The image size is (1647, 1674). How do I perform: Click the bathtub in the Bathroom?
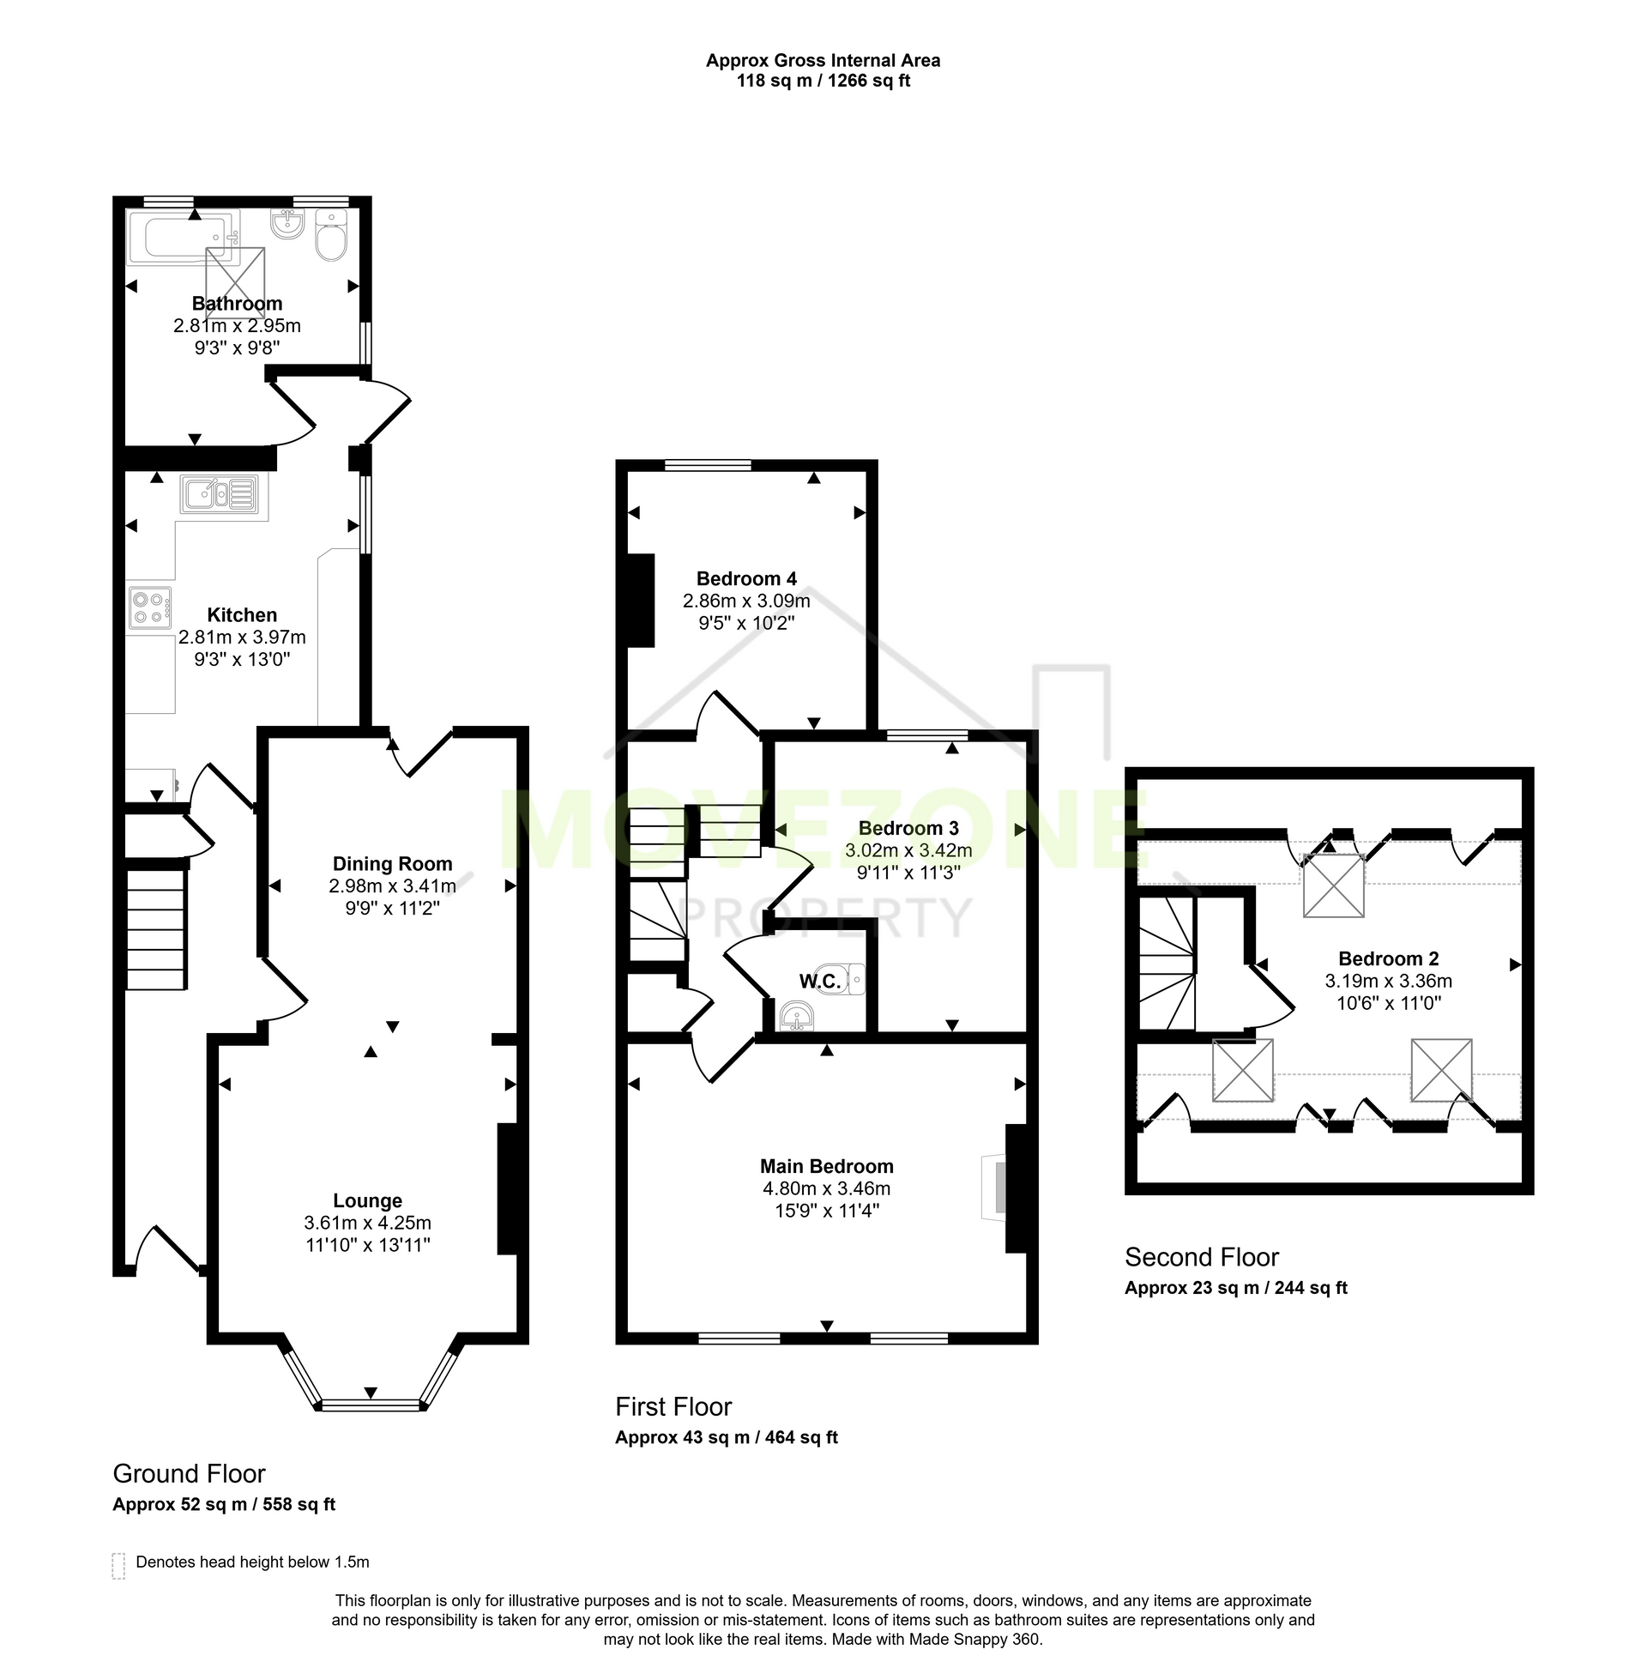pos(183,236)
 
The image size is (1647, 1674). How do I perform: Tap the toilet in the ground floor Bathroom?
pos(330,234)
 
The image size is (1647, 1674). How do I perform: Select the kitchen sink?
pos(220,494)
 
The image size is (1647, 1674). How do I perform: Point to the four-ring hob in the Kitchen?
pos(149,607)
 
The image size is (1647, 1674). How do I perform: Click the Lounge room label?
pos(368,1200)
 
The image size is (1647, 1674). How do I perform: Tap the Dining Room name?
pos(393,863)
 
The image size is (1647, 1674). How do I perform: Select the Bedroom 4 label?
pos(746,579)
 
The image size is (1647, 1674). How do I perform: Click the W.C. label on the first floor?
pos(819,981)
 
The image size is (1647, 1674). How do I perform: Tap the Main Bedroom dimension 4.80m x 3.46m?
pos(827,1188)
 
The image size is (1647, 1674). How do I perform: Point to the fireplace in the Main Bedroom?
pos(995,1187)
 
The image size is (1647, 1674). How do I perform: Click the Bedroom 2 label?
pos(1388,958)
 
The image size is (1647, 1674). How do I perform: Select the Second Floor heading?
pos(1202,1257)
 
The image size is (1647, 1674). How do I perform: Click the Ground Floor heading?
pos(190,1473)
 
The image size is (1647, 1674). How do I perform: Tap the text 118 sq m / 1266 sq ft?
pos(823,82)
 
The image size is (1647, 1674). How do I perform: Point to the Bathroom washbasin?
pos(287,224)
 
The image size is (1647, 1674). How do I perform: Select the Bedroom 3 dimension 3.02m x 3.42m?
pos(908,850)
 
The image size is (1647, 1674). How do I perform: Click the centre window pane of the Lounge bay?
pos(371,1404)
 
